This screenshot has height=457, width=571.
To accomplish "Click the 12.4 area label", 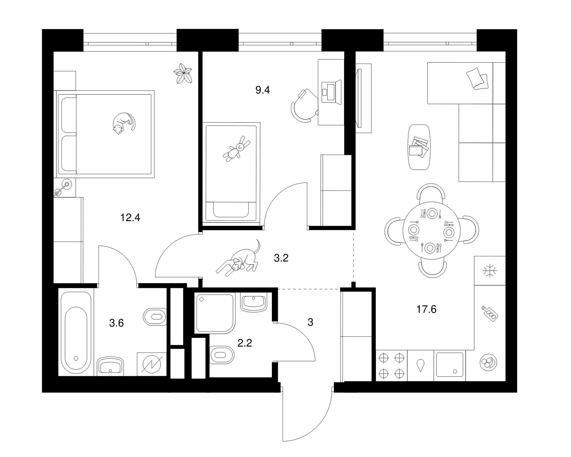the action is [x=130, y=218].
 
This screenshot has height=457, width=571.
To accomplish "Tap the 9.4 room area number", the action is [x=263, y=90].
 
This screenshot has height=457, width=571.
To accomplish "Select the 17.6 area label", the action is [x=426, y=309].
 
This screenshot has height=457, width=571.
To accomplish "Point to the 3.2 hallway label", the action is [x=281, y=258].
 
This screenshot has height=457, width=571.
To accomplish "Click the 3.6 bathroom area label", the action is [x=116, y=323].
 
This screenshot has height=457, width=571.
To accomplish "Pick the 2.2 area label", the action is [x=245, y=343].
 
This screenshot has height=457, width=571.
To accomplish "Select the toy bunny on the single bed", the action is [x=236, y=149].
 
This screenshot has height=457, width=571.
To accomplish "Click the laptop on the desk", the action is [x=331, y=92].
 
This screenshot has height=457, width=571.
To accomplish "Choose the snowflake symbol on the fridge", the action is [x=490, y=271].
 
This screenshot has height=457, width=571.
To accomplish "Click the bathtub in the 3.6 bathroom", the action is [x=76, y=334].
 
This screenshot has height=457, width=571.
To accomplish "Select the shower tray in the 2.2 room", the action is [x=214, y=313].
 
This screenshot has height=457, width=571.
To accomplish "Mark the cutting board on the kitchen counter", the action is [x=490, y=314].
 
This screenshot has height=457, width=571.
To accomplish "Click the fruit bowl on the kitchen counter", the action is [x=488, y=362].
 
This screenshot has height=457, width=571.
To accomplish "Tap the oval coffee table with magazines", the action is [x=420, y=147].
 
